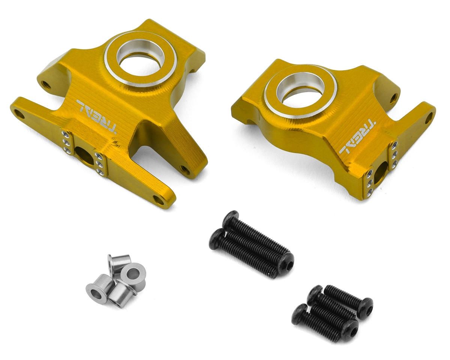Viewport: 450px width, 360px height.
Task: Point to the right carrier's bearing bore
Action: click(300, 91)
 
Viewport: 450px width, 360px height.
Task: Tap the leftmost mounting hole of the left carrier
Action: click(19, 115)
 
